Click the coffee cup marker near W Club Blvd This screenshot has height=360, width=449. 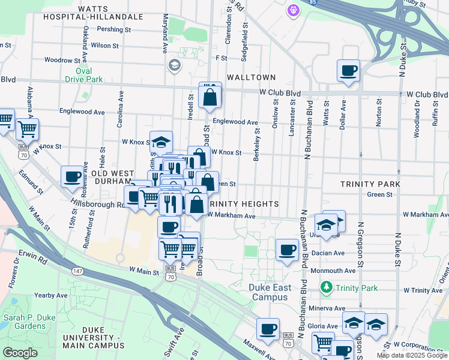[x=348, y=71]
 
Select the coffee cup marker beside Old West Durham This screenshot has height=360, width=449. [x=73, y=176]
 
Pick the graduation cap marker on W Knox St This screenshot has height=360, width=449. [x=161, y=142]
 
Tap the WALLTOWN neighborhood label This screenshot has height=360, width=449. [x=251, y=77]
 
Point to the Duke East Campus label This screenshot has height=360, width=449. [x=270, y=292]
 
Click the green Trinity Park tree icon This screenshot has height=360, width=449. [x=326, y=288]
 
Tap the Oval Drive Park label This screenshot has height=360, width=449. [x=83, y=74]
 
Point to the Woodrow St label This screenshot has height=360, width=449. [x=62, y=60]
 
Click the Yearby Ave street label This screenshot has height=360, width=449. [x=51, y=295]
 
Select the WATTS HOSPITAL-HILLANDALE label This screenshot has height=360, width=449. [x=94, y=13]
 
